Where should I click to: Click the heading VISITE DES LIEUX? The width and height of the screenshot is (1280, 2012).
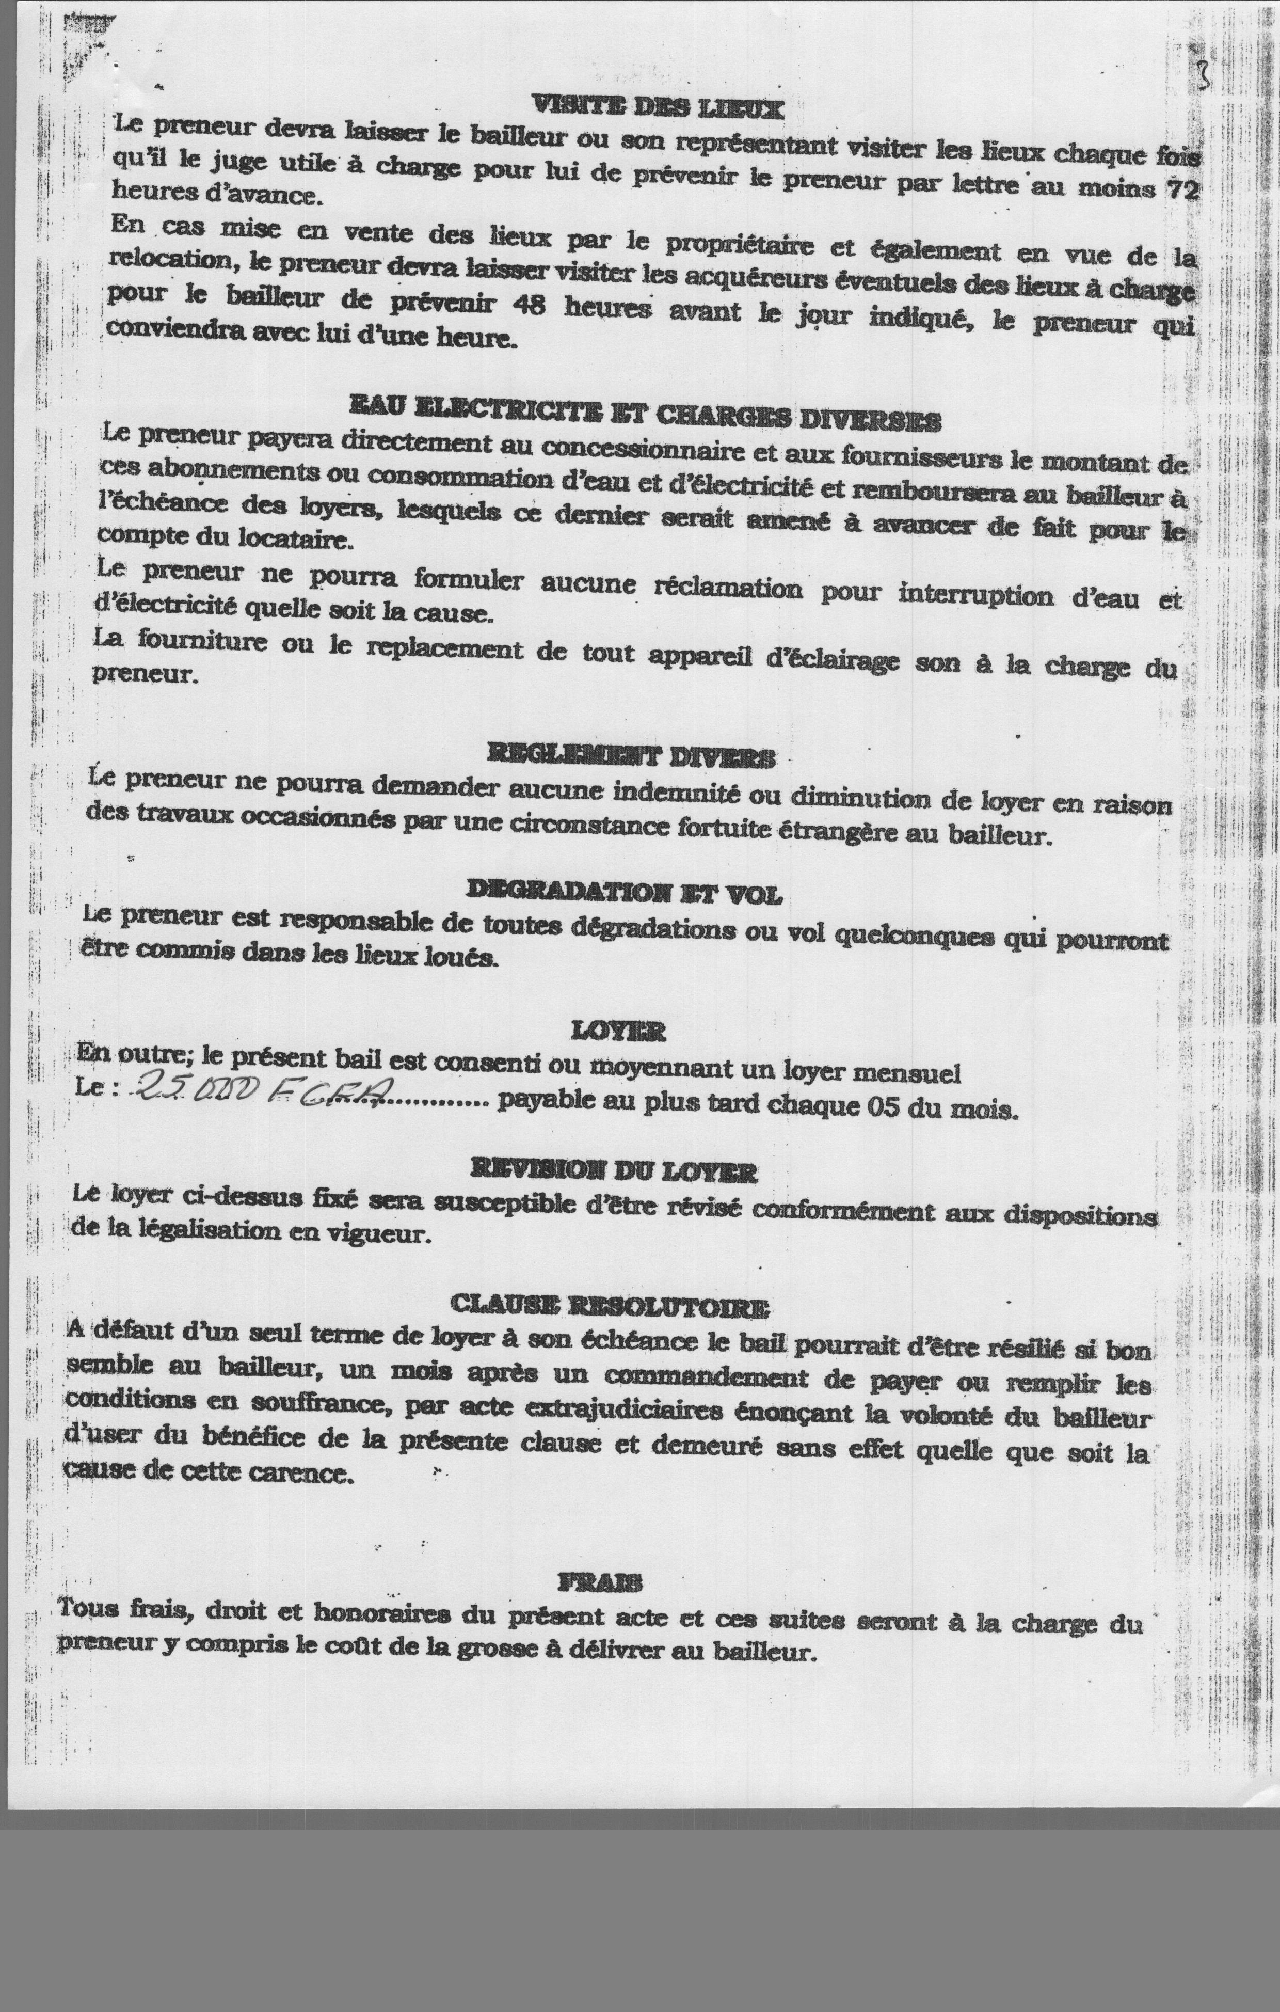[x=659, y=107]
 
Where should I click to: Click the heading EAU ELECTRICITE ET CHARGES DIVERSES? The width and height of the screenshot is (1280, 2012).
[x=645, y=414]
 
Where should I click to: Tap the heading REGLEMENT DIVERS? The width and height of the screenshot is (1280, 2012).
[x=631, y=757]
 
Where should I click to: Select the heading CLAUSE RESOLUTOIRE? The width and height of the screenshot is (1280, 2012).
[x=610, y=1304]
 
